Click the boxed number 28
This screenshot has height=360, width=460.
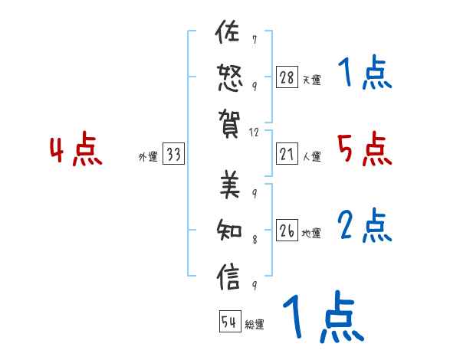click(287, 77)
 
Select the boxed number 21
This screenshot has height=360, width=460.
click(287, 154)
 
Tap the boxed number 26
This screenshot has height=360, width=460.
click(287, 231)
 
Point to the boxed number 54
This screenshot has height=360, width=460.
click(229, 322)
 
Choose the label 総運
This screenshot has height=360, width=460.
click(255, 325)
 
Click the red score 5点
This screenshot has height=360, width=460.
click(364, 149)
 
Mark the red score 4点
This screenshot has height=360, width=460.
click(76, 150)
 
